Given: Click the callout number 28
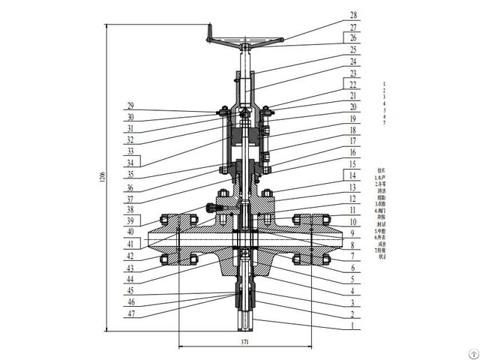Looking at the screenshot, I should pyautogui.click(x=354, y=14).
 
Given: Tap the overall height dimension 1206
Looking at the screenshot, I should pyautogui.click(x=102, y=177).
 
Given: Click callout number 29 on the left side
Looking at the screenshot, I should pyautogui.click(x=130, y=106).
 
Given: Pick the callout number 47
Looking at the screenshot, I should pyautogui.click(x=130, y=314).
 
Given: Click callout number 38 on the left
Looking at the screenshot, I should pyautogui.click(x=130, y=210).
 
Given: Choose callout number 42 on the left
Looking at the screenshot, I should pyautogui.click(x=130, y=256).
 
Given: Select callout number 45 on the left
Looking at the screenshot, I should pyautogui.click(x=130, y=291).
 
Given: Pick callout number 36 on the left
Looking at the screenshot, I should pyautogui.click(x=130, y=187).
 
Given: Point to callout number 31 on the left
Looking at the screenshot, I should pyautogui.click(x=130, y=129).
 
